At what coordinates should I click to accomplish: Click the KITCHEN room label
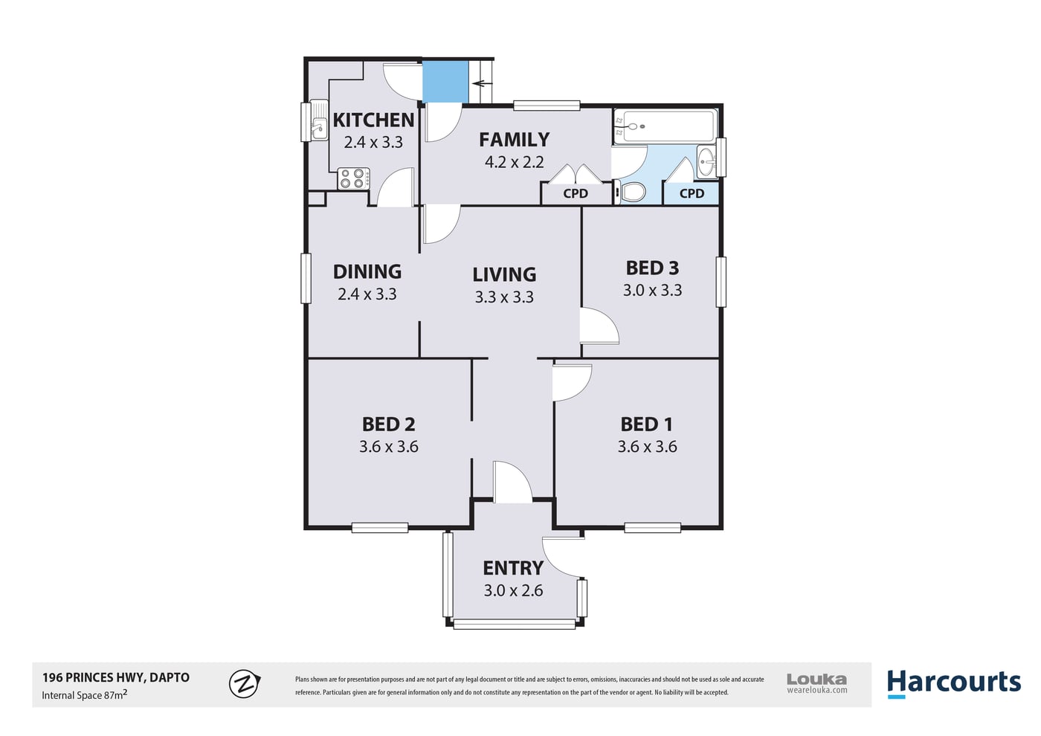pyautogui.click(x=373, y=120)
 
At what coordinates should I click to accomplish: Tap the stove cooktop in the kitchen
pyautogui.click(x=354, y=178)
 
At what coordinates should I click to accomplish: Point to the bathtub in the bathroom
pyautogui.click(x=665, y=126)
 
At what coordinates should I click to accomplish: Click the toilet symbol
pyautogui.click(x=631, y=192)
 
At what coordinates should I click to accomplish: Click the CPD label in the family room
pyautogui.click(x=576, y=193)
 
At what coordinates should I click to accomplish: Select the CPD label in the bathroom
pyautogui.click(x=692, y=193)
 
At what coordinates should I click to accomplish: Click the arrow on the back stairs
pyautogui.click(x=482, y=83)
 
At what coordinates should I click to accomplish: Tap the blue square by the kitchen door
pyautogui.click(x=445, y=83)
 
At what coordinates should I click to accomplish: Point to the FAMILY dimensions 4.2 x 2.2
pyautogui.click(x=514, y=162)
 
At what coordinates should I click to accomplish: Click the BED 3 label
pyautogui.click(x=652, y=268)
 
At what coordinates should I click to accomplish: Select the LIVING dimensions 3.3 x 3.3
pyautogui.click(x=504, y=297)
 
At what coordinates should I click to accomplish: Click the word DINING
pyautogui.click(x=367, y=272)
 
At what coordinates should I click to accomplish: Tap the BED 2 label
pyautogui.click(x=388, y=425)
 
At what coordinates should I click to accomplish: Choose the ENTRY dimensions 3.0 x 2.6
pyautogui.click(x=513, y=590)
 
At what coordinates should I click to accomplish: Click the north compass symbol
pyautogui.click(x=245, y=683)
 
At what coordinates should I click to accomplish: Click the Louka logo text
pyautogui.click(x=816, y=679)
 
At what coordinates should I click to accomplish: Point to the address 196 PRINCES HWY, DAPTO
pyautogui.click(x=116, y=677)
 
